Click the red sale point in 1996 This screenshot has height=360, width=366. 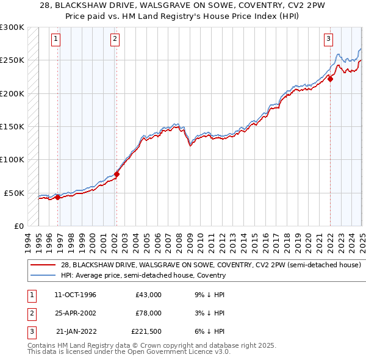[x=57, y=197]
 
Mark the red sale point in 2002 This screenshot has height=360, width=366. [x=117, y=174]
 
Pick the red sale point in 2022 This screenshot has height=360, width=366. [x=330, y=79]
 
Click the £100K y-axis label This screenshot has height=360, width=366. [x=12, y=159]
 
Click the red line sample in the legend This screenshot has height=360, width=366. [x=43, y=265]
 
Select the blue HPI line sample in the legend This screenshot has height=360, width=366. [x=43, y=275]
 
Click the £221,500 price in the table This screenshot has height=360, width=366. [x=146, y=331]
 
